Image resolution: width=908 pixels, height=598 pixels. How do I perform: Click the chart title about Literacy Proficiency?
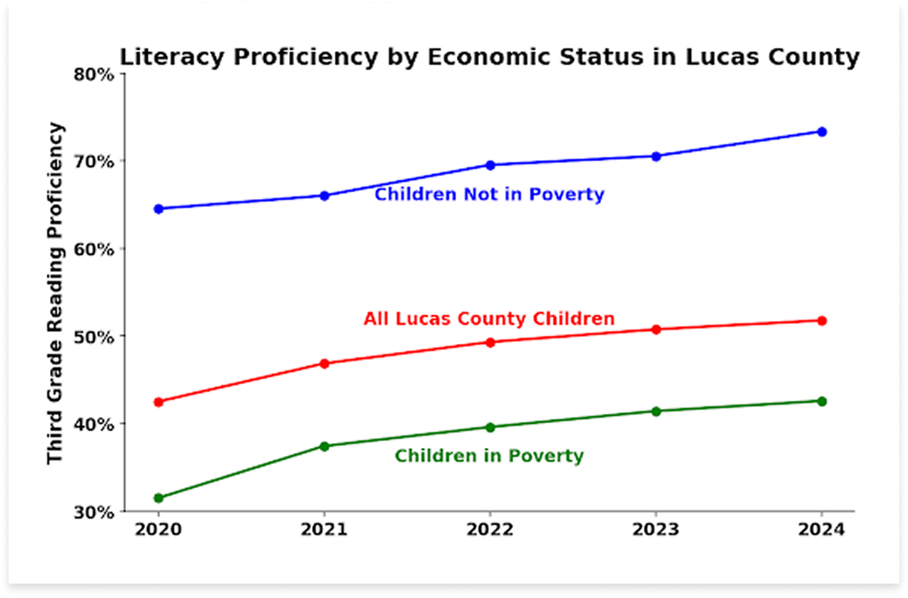click(x=489, y=57)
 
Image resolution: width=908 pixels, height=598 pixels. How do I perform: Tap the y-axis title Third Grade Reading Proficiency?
click(x=56, y=293)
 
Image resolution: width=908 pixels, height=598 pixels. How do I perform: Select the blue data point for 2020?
click(x=158, y=209)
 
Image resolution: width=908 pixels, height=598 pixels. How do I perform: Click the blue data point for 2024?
click(x=822, y=132)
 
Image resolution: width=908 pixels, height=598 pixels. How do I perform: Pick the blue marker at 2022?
click(x=490, y=165)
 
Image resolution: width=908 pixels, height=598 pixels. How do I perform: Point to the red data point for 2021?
click(x=324, y=364)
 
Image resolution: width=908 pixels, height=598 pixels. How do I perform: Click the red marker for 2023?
click(x=656, y=330)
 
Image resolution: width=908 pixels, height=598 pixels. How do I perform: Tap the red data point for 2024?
click(x=822, y=321)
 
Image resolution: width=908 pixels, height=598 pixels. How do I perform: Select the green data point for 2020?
click(x=158, y=498)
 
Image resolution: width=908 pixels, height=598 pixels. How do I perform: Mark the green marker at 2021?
click(x=324, y=447)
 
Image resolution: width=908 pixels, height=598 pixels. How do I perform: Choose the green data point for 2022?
click(x=490, y=427)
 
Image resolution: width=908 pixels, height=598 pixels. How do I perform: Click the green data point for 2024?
click(x=822, y=401)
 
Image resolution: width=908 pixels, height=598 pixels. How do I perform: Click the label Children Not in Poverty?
click(x=489, y=194)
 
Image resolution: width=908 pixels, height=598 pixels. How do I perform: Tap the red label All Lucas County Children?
click(x=489, y=318)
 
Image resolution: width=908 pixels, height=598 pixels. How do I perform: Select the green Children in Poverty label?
click(x=489, y=455)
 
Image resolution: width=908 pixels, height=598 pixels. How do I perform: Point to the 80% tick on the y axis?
click(x=95, y=74)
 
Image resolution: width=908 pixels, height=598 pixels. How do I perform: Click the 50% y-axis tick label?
click(x=95, y=337)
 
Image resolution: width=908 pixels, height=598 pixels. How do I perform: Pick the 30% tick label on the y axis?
click(x=95, y=512)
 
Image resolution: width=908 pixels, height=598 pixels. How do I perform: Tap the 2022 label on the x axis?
click(x=490, y=530)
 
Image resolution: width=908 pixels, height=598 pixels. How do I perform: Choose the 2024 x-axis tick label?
click(x=822, y=530)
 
